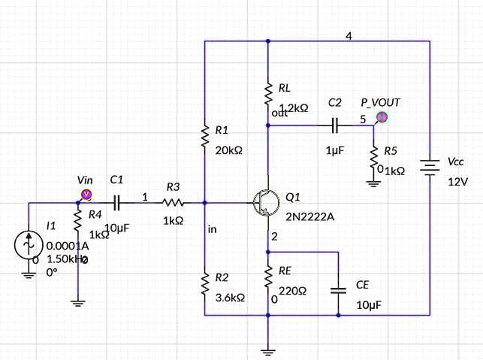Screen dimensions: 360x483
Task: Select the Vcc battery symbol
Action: [429, 170]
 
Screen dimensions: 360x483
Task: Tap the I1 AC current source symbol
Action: [29, 244]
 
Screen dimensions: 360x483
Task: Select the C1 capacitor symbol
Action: [116, 203]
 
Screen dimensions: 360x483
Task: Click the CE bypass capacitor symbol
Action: [339, 288]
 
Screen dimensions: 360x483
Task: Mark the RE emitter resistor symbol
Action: [268, 279]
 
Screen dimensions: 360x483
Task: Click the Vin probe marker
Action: [86, 195]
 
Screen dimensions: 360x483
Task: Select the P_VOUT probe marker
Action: [382, 116]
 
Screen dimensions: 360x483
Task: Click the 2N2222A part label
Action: [310, 217]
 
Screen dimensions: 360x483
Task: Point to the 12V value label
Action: [457, 182]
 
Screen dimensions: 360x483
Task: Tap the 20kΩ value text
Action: [229, 150]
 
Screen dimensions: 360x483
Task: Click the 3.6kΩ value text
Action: [230, 298]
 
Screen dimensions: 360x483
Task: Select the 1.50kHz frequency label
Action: [66, 259]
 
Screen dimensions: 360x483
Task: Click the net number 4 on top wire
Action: [349, 36]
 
